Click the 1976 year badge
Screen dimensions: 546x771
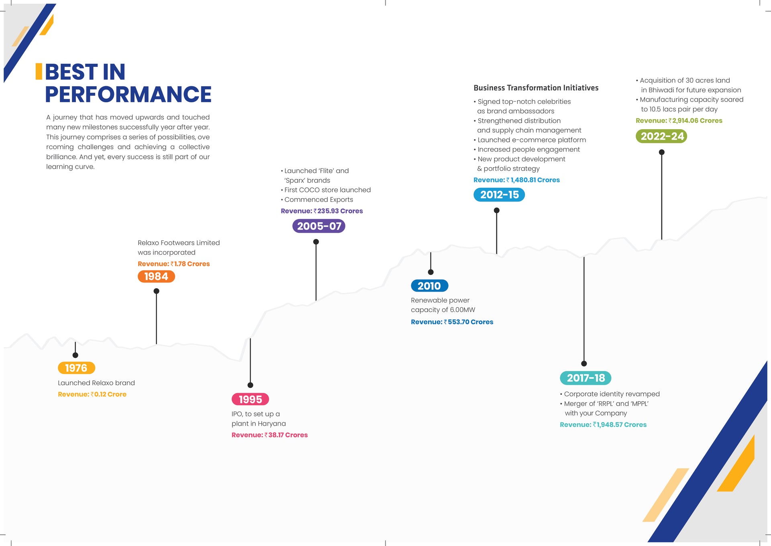coord(76,368)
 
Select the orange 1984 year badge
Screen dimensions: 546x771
coord(156,276)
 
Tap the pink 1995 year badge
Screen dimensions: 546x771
coord(250,399)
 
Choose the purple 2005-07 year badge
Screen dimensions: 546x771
coord(319,226)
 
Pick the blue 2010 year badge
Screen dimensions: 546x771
coord(429,286)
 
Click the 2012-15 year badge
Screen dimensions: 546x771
coord(499,195)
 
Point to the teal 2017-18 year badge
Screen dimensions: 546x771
coord(585,378)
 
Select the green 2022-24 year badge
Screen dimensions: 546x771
coord(661,136)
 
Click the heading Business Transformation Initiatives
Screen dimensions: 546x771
coord(536,88)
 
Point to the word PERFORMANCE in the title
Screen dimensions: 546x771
coord(128,95)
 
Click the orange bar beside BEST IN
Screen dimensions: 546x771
coord(39,71)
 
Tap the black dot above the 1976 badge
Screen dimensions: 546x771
coord(75,355)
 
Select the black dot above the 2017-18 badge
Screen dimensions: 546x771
coord(584,363)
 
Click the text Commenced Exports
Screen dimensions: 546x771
coord(318,199)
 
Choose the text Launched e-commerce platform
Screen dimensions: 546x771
coord(532,140)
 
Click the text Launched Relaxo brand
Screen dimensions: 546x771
coord(96,383)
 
